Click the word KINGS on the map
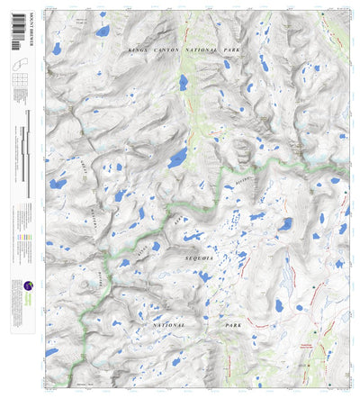click(x=137, y=50)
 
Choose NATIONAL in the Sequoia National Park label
click(x=168, y=321)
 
